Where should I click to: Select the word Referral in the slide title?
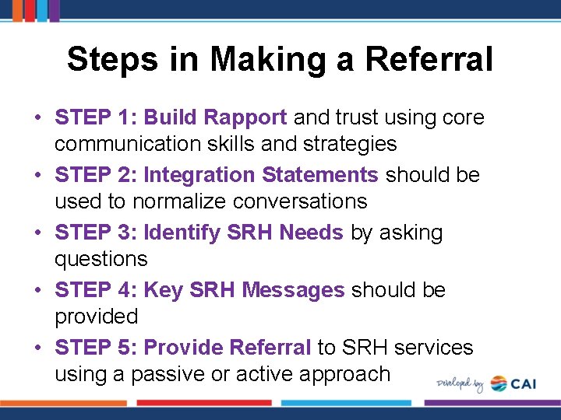430,60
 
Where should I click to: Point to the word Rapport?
243,117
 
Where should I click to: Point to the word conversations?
303,201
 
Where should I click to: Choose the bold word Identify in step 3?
182,233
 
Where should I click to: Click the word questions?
101,259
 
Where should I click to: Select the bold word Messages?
293,290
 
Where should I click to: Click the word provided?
96,317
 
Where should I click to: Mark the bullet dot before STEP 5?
37,348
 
